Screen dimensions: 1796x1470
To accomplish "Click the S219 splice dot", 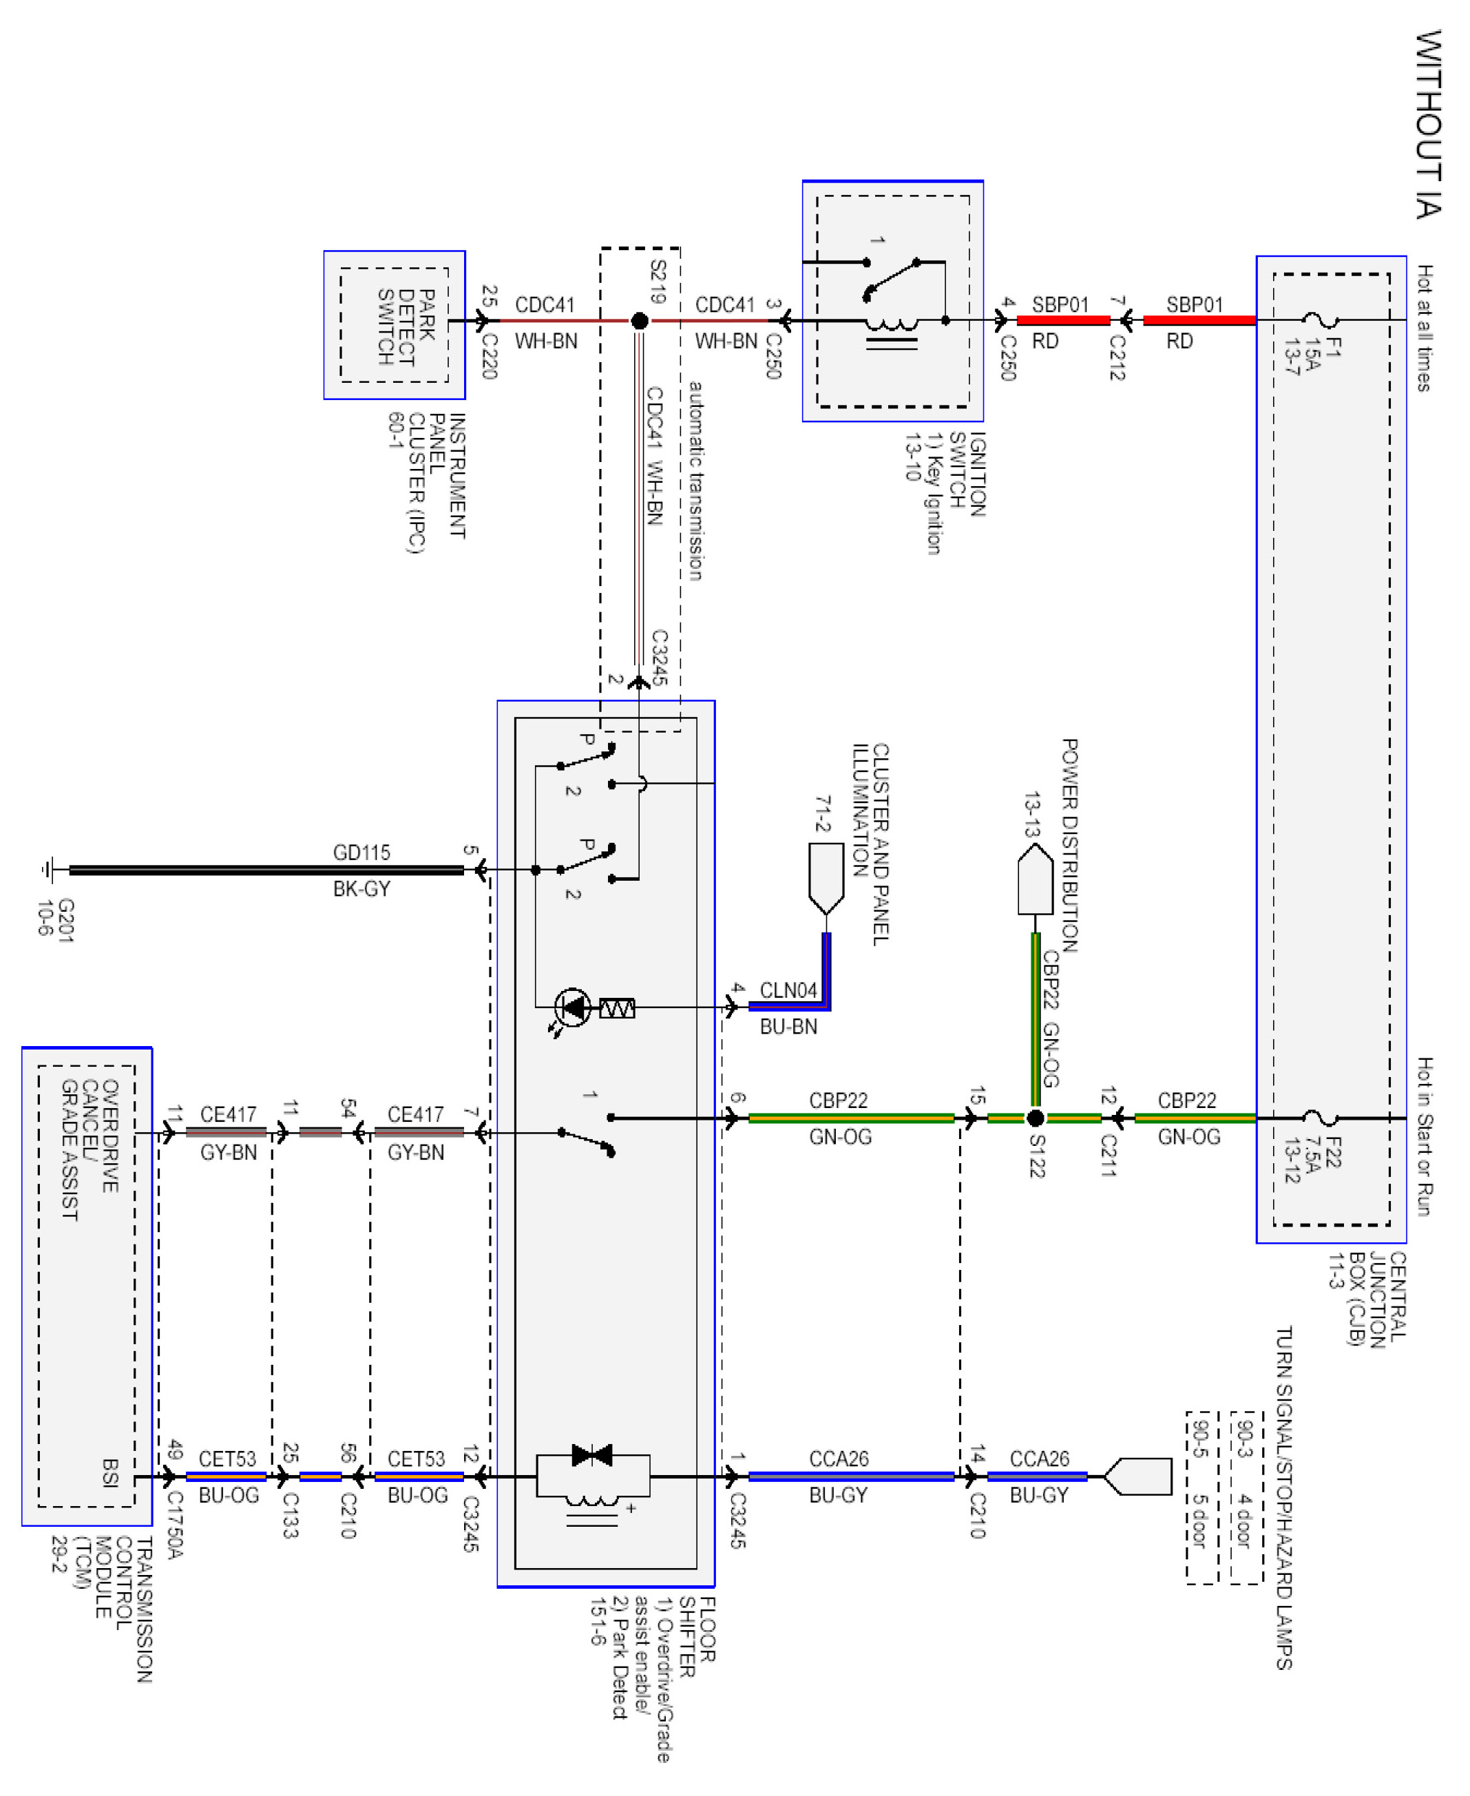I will (640, 321).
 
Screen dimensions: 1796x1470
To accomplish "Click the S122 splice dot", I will (1035, 1118).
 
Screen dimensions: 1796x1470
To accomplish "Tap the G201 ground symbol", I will (48, 870).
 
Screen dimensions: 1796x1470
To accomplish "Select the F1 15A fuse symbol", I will (1319, 320).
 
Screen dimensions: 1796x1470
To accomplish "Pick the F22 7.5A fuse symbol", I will (1319, 1118).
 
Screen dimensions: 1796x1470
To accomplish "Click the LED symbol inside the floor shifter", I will (574, 1007).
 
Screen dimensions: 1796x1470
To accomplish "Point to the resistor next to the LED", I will (618, 1007).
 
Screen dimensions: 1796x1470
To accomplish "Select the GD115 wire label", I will (361, 853).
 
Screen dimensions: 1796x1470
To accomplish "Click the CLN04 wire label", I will (788, 990).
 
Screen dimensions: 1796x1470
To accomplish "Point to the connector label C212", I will (1117, 357).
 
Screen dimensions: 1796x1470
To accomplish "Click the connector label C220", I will (490, 355).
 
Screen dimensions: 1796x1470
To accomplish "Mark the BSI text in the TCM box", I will (111, 1472).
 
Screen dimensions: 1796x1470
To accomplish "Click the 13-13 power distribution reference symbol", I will (1035, 880).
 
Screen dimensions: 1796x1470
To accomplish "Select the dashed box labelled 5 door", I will (1201, 1497).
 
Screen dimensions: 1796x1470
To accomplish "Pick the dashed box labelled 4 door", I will (1246, 1497).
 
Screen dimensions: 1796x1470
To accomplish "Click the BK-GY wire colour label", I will (361, 888).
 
